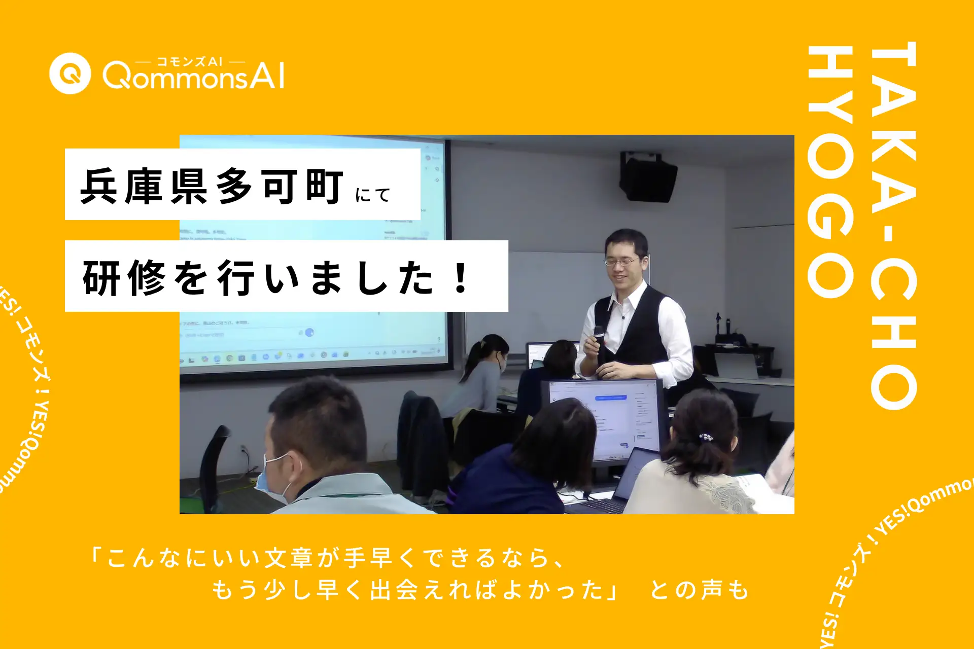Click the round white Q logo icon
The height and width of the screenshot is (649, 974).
70,74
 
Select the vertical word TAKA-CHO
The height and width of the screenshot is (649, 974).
893,226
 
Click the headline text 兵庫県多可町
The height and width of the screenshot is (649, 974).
212,187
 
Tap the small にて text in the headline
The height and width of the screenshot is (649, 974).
373,195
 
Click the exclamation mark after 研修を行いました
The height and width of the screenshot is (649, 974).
461,278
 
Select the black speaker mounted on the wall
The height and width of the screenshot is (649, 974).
648,178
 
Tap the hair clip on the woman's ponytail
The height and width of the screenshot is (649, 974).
705,437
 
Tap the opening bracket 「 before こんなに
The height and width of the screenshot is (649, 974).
95,556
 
